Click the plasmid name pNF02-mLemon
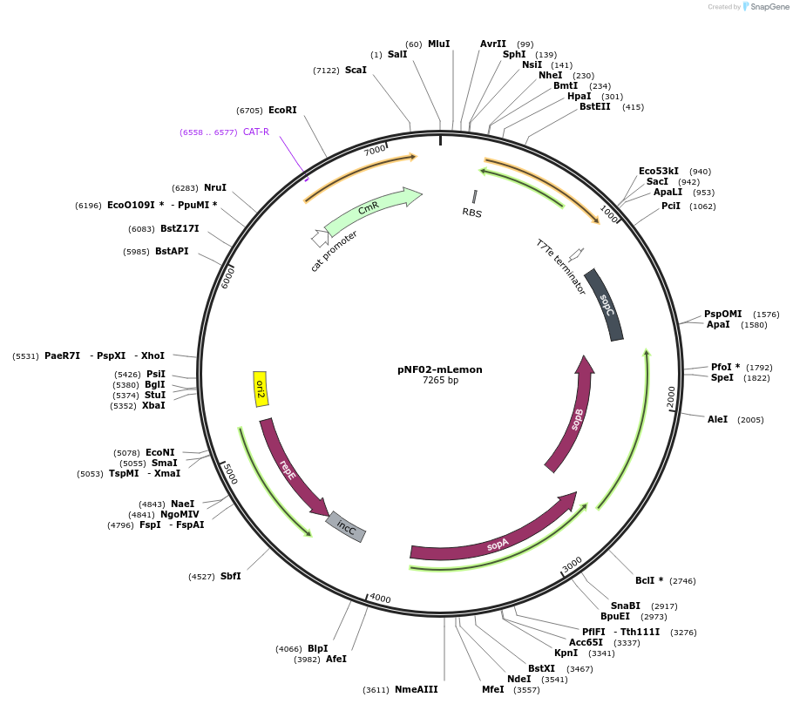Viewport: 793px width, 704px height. pyautogui.click(x=439, y=369)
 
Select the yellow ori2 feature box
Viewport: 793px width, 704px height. pyautogui.click(x=260, y=389)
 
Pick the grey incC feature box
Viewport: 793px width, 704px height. pyautogui.click(x=346, y=526)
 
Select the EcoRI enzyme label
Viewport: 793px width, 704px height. pyautogui.click(x=282, y=111)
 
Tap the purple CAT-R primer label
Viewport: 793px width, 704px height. pyautogui.click(x=256, y=132)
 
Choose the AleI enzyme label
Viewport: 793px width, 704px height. pyautogui.click(x=717, y=420)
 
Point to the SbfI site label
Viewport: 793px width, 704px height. pyautogui.click(x=231, y=577)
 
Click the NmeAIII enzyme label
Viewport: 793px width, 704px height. pyautogui.click(x=416, y=690)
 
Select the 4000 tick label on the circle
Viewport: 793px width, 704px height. pyautogui.click(x=380, y=599)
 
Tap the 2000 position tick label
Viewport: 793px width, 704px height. pyautogui.click(x=671, y=396)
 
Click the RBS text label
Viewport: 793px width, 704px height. pyautogui.click(x=472, y=213)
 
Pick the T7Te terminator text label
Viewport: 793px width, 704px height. pyautogui.click(x=560, y=267)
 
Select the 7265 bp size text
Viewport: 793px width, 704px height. pyautogui.click(x=439, y=381)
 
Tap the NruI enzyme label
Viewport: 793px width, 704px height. pyautogui.click(x=215, y=188)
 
